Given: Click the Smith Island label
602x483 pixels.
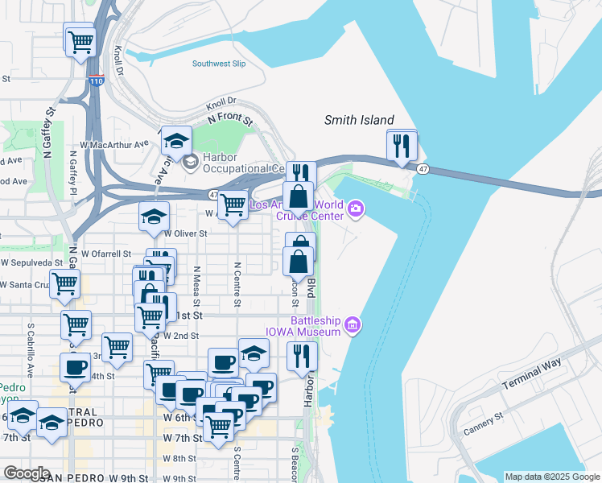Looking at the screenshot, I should point(359,120).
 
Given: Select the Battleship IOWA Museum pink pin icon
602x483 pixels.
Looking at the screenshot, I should point(352,324).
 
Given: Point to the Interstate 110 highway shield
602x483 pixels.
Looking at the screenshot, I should point(95,80).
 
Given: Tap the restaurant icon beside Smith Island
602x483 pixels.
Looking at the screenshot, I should point(402,146).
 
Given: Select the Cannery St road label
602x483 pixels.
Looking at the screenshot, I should point(483,423).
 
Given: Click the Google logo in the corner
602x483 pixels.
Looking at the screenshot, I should point(26,473).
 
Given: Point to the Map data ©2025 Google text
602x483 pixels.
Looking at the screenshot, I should point(551,477).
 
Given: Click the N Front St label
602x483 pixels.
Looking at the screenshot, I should point(230,118).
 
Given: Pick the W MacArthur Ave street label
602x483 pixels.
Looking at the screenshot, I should point(109,145).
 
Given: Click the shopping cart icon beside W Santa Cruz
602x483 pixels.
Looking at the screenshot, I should point(64,284).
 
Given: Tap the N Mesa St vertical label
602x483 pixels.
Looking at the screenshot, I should point(196,287).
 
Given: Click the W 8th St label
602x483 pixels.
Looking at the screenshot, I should point(179,458).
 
